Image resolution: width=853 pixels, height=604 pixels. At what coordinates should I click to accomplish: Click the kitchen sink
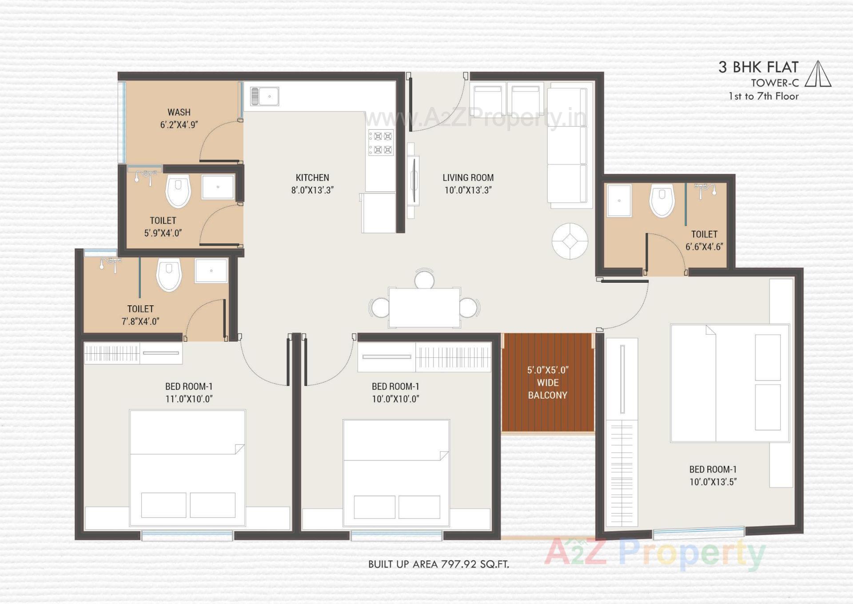[x=265, y=96]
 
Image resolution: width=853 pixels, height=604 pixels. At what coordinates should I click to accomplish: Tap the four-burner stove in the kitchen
[x=381, y=143]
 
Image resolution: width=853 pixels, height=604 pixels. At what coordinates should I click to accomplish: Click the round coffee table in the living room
[x=570, y=241]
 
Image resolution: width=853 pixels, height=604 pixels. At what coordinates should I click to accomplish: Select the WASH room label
[x=179, y=112]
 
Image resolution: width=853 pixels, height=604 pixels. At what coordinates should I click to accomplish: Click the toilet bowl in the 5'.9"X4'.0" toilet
[x=178, y=191]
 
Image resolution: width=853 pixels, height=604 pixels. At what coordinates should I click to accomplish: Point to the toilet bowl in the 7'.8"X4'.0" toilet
[x=169, y=275]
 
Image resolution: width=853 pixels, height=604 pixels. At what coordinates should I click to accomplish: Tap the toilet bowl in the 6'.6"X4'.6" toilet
[x=662, y=201]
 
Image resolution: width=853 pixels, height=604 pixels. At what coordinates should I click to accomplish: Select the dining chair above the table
[x=424, y=279]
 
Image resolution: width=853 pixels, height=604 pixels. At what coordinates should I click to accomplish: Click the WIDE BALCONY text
[x=547, y=389]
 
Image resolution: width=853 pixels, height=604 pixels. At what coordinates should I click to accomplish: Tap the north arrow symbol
[x=818, y=74]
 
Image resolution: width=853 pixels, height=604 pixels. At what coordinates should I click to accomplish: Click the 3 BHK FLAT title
[x=758, y=67]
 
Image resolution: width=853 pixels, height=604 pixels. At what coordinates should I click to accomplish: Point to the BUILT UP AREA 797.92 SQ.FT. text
[x=438, y=564]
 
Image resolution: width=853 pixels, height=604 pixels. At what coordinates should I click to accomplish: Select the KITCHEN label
[x=312, y=178]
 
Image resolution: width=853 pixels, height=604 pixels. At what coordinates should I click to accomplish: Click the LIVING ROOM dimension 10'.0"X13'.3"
[x=468, y=190]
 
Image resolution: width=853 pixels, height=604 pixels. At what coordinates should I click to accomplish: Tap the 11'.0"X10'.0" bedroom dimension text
[x=189, y=399]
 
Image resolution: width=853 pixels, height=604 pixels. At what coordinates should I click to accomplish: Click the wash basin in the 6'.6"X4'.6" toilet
[x=619, y=201]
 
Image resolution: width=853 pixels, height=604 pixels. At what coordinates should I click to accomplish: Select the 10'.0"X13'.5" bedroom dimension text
[x=713, y=482]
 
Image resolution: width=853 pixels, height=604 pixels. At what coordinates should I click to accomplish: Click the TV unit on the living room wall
[x=413, y=180]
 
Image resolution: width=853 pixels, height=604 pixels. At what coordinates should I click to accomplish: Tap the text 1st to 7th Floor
[x=763, y=96]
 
